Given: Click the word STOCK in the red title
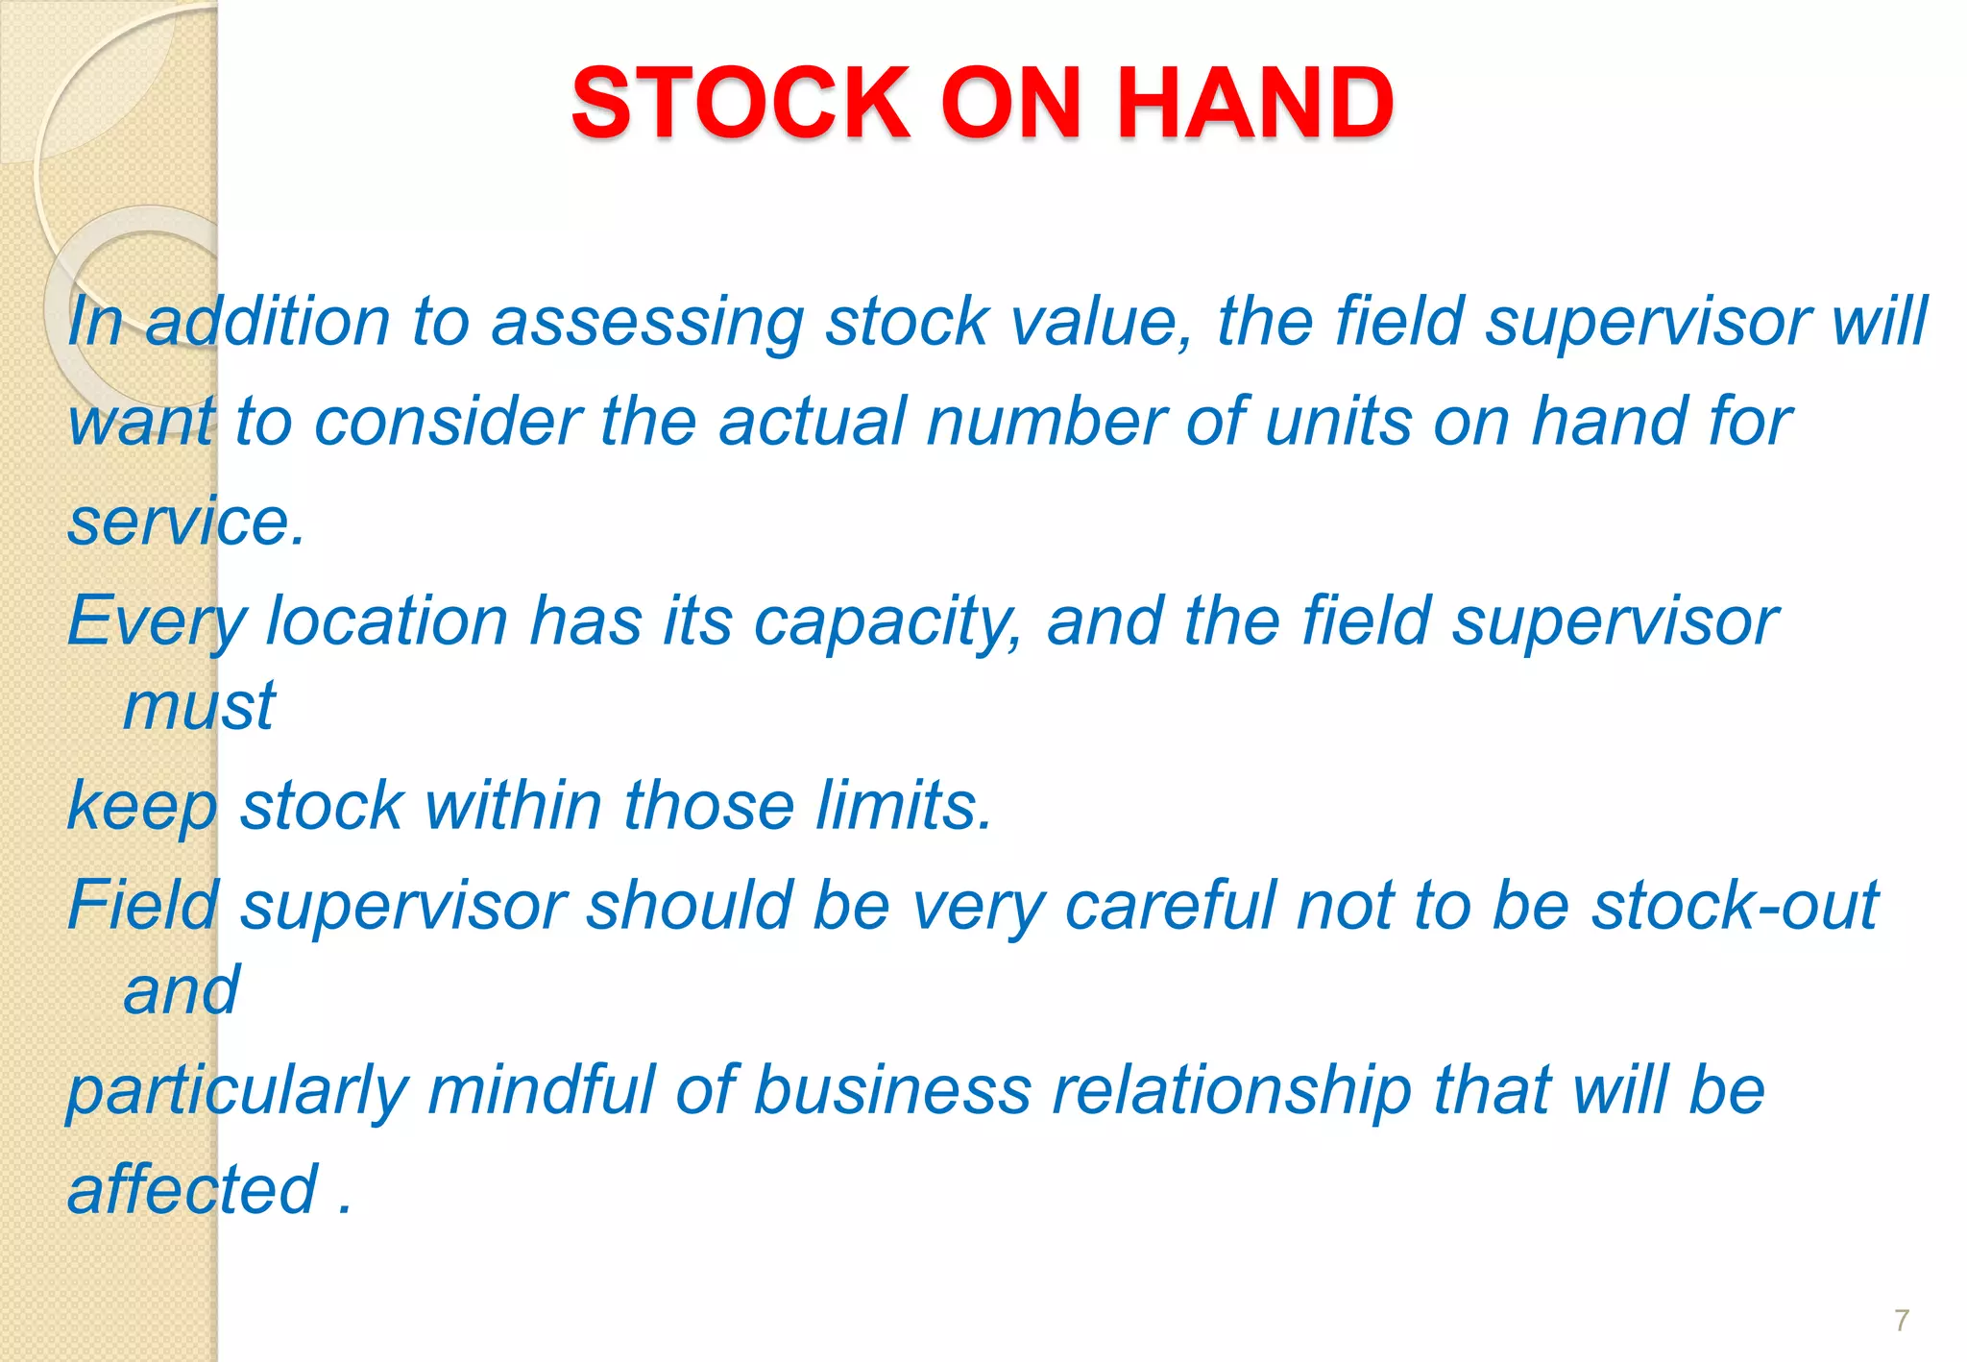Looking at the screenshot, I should (740, 103).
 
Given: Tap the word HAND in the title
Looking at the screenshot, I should (1254, 103).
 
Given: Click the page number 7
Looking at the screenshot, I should (1902, 1320).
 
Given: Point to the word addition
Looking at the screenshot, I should (268, 321).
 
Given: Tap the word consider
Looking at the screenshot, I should (448, 422).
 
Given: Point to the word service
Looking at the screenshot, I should (185, 522).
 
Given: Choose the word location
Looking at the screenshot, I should (387, 621).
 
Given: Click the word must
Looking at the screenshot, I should (200, 707).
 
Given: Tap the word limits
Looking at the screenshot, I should (904, 805).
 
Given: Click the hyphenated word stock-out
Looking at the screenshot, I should (1735, 905).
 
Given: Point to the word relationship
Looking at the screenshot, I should (1232, 1092).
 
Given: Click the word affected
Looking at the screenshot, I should (192, 1190).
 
